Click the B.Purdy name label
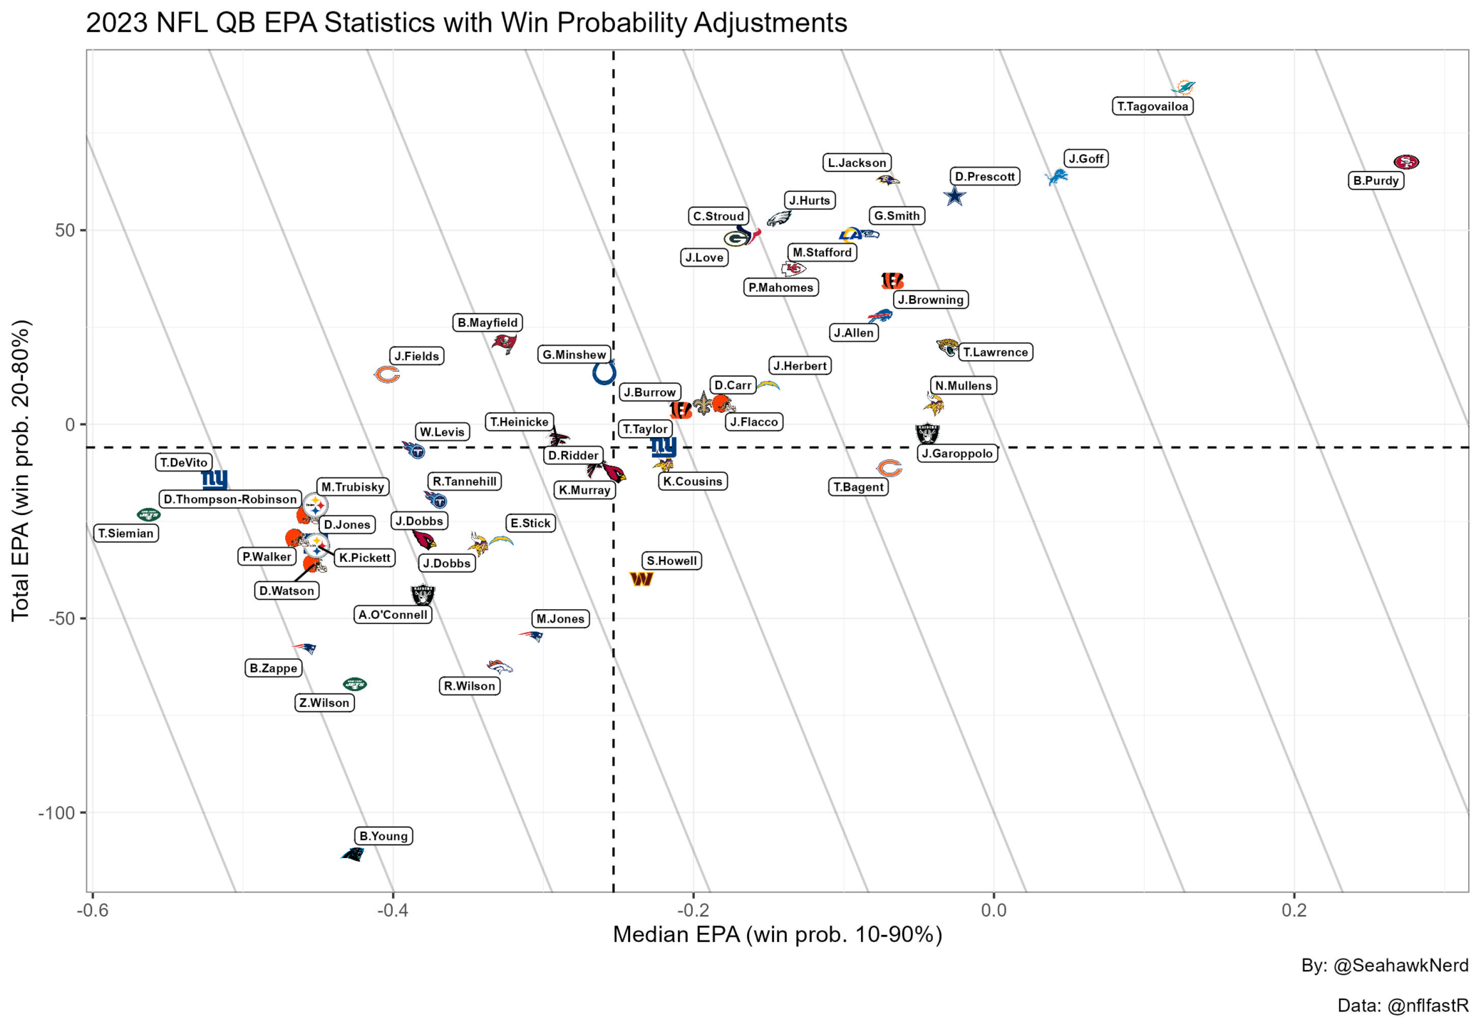pyautogui.click(x=1376, y=180)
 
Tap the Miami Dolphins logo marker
pyautogui.click(x=1183, y=87)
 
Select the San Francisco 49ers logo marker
pyautogui.click(x=1406, y=162)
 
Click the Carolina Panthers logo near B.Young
pyautogui.click(x=353, y=854)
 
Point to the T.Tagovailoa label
pyautogui.click(x=1152, y=106)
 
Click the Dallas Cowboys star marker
pyautogui.click(x=954, y=195)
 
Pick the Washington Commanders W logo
pyautogui.click(x=641, y=579)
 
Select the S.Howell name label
pyautogui.click(x=671, y=561)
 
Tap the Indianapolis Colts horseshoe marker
pyautogui.click(x=604, y=372)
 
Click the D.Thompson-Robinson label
pyautogui.click(x=230, y=499)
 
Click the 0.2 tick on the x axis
pyautogui.click(x=1294, y=910)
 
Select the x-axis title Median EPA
pyautogui.click(x=778, y=934)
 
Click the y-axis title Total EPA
pyautogui.click(x=21, y=471)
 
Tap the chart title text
pyautogui.click(x=466, y=23)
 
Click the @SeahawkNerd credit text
pyautogui.click(x=1385, y=965)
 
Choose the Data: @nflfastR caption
pyautogui.click(x=1403, y=1006)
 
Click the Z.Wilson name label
pyautogui.click(x=324, y=702)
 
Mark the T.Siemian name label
pyautogui.click(x=126, y=533)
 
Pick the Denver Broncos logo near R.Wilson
pyautogui.click(x=500, y=667)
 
